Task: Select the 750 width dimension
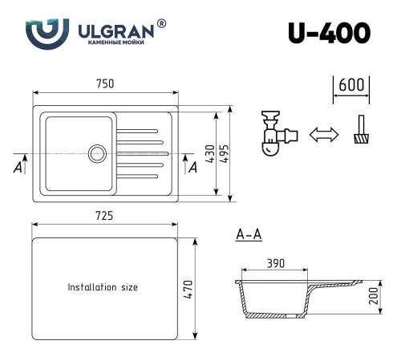(x=105, y=83)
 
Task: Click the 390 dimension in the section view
(x=275, y=264)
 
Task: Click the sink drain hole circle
(x=98, y=152)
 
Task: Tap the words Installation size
(x=103, y=286)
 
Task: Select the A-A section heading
(x=249, y=235)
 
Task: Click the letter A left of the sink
(x=17, y=167)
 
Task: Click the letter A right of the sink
(x=192, y=167)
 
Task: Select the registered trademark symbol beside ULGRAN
(x=162, y=24)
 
